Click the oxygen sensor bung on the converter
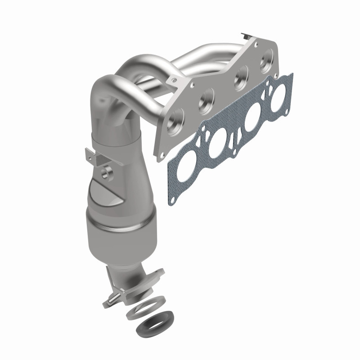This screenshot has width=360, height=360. (108, 172)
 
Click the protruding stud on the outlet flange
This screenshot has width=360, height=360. (110, 299)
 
